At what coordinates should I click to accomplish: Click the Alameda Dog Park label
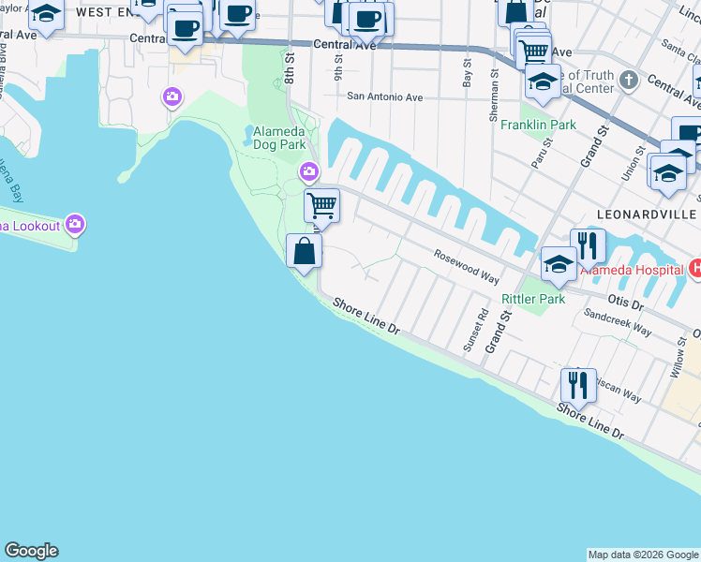tap(279, 138)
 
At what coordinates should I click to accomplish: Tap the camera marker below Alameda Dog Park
tap(308, 172)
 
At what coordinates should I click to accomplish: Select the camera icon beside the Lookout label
tap(76, 225)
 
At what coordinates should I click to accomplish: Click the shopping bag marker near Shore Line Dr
tap(304, 252)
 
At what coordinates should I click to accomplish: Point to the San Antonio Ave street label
tap(385, 96)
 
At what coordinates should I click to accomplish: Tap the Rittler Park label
tap(533, 299)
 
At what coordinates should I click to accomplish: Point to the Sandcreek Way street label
tap(617, 320)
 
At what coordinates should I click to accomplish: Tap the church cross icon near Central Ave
tap(629, 80)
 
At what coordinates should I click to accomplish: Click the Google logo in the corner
tap(31, 551)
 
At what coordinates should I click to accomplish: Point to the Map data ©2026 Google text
tap(643, 555)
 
